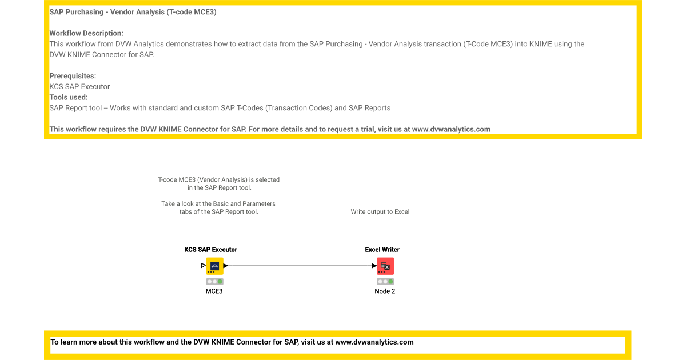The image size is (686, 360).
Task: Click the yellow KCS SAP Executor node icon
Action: [x=214, y=266]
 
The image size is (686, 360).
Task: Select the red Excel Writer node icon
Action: [x=385, y=266]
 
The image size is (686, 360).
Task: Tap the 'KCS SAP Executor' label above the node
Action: [x=210, y=250]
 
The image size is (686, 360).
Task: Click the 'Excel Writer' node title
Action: [x=382, y=250]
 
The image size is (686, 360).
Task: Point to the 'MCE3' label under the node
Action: [x=214, y=291]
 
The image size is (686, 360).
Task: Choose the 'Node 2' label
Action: [x=385, y=291]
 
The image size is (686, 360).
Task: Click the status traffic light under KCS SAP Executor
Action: [x=215, y=282]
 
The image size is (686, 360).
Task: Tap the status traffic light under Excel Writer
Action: [x=385, y=282]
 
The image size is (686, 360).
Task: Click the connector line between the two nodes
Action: [x=297, y=266]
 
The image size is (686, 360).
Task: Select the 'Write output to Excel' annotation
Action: [x=380, y=212]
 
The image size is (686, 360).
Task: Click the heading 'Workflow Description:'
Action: [x=86, y=33]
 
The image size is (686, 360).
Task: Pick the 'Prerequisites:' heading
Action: [x=73, y=76]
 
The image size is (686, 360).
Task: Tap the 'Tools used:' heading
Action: [x=69, y=97]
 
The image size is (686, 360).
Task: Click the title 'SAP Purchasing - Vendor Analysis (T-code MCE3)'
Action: [x=133, y=12]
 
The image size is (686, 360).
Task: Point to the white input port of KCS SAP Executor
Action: [x=204, y=266]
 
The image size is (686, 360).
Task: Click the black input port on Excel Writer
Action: [x=374, y=266]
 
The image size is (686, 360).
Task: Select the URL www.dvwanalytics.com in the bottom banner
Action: [x=374, y=342]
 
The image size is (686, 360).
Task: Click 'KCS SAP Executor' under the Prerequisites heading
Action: [x=79, y=87]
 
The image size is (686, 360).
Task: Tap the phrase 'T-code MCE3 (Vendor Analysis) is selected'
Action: [x=219, y=180]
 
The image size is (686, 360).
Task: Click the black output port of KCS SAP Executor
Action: [x=226, y=266]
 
